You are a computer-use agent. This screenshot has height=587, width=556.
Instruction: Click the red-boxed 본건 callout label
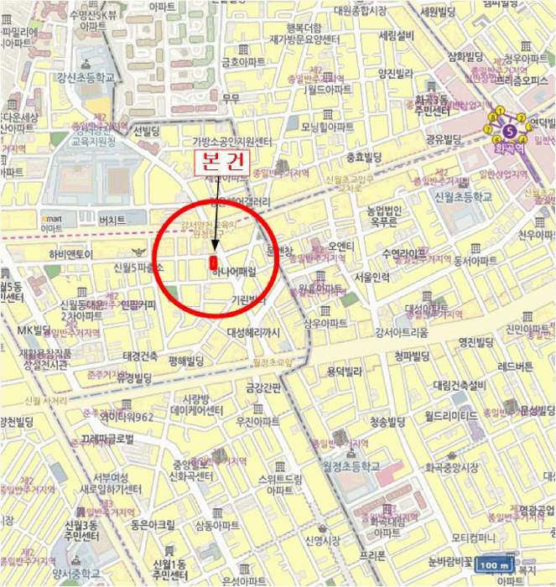[221, 162]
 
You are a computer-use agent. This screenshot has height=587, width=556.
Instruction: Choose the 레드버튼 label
[513, 366]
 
